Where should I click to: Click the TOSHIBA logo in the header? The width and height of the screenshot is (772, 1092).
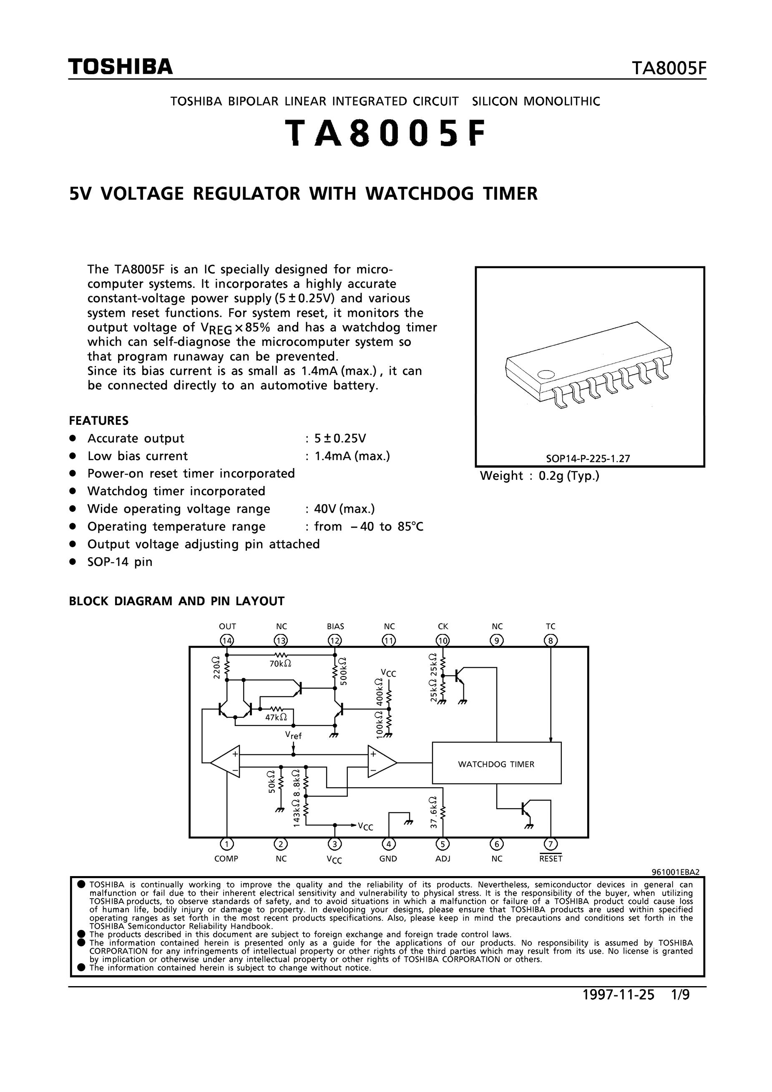tap(121, 67)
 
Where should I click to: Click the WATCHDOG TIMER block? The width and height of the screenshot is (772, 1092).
tap(496, 764)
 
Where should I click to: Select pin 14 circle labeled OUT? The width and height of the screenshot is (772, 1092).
tap(227, 641)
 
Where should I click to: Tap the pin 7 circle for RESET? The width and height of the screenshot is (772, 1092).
tap(551, 844)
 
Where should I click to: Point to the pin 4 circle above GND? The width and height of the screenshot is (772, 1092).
tap(389, 844)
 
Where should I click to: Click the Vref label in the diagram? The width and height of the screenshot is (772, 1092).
tap(293, 735)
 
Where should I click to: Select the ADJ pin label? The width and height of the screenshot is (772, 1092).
tap(443, 859)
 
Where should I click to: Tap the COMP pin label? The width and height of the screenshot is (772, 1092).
tap(226, 859)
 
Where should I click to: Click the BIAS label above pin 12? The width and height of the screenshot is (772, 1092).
tap(336, 626)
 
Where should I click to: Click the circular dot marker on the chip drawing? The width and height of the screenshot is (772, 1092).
tap(546, 375)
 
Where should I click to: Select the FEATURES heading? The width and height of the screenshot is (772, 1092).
tap(98, 421)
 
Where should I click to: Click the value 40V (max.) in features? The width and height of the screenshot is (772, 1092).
tap(345, 509)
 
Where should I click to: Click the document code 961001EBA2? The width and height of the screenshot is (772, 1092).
tap(675, 872)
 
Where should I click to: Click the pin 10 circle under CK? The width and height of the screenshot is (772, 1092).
tap(443, 641)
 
